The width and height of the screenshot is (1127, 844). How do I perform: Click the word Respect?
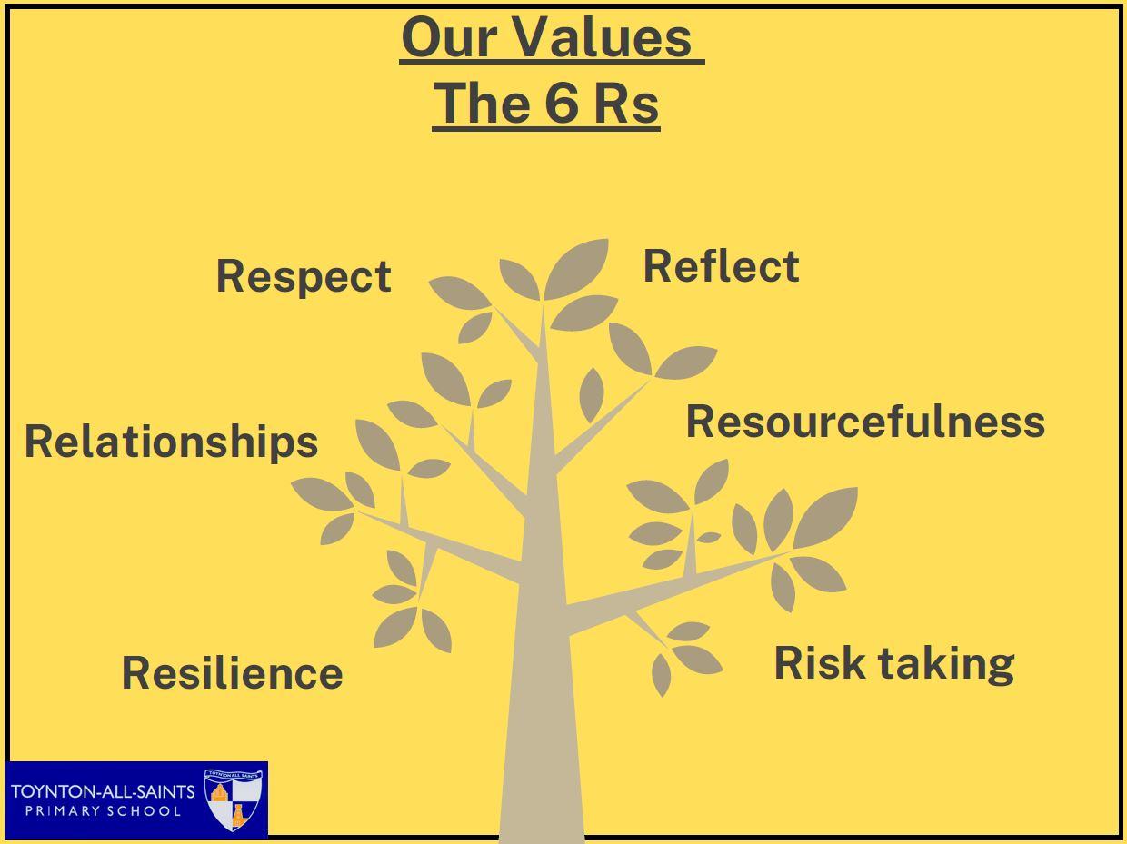[304, 277]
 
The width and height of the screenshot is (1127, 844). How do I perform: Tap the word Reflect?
[721, 266]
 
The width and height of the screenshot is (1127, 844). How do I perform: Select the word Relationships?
[172, 442]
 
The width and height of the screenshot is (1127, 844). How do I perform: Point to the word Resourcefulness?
[865, 422]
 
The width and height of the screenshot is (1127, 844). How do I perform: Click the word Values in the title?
[603, 37]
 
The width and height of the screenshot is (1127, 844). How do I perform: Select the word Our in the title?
[450, 37]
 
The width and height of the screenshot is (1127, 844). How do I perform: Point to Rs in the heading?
[626, 104]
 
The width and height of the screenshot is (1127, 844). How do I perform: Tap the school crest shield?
[234, 799]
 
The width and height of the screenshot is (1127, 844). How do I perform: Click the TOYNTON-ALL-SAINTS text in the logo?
[103, 791]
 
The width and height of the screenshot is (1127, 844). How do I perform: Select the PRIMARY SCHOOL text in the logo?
[104, 811]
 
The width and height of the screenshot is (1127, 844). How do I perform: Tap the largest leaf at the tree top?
[576, 269]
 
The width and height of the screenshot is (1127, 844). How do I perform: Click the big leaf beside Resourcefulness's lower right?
[825, 517]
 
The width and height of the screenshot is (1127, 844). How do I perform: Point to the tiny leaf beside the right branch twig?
[709, 538]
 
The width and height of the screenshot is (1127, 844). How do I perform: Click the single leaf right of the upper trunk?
[592, 395]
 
